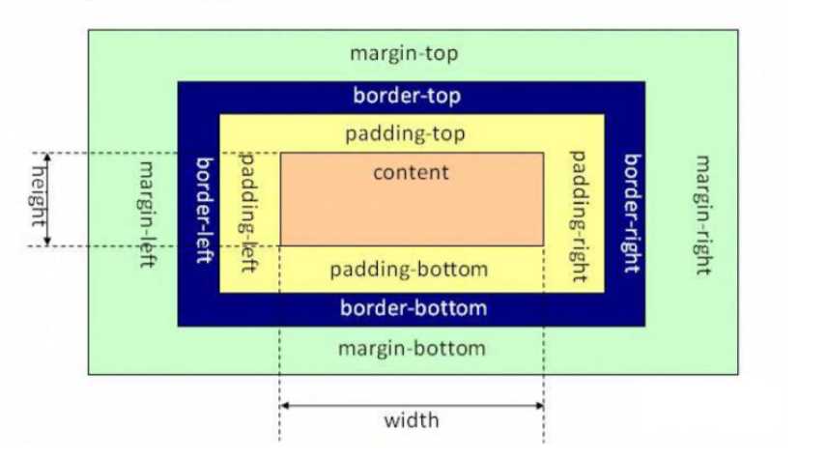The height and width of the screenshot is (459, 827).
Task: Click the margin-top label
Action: coord(404,54)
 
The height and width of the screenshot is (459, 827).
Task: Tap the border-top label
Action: coord(407,96)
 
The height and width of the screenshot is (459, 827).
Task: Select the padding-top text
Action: coord(405,134)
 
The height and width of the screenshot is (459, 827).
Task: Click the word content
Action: coord(411,173)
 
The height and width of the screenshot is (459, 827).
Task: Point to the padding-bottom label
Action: coord(409,270)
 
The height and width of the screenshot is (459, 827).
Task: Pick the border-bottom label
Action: coord(413,308)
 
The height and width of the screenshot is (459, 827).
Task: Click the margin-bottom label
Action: coord(412,349)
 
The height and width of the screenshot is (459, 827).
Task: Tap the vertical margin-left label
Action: coord(147,215)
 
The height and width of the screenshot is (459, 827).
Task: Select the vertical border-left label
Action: coord(204,210)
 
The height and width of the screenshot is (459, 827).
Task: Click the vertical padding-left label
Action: coord(248,213)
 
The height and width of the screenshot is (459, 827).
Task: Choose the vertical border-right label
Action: coord(633,214)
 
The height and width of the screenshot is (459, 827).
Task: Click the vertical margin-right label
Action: coord(703,215)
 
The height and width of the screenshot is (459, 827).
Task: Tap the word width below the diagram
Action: coord(412,420)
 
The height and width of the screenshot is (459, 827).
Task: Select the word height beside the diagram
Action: coord(38,196)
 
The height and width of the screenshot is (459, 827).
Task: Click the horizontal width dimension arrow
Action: coord(412,406)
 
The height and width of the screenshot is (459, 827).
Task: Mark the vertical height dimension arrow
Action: coord(47,199)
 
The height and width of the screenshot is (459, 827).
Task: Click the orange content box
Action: coord(412,199)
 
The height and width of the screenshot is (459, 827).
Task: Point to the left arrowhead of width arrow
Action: coord(283,406)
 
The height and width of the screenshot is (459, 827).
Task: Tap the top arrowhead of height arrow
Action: coord(47,156)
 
